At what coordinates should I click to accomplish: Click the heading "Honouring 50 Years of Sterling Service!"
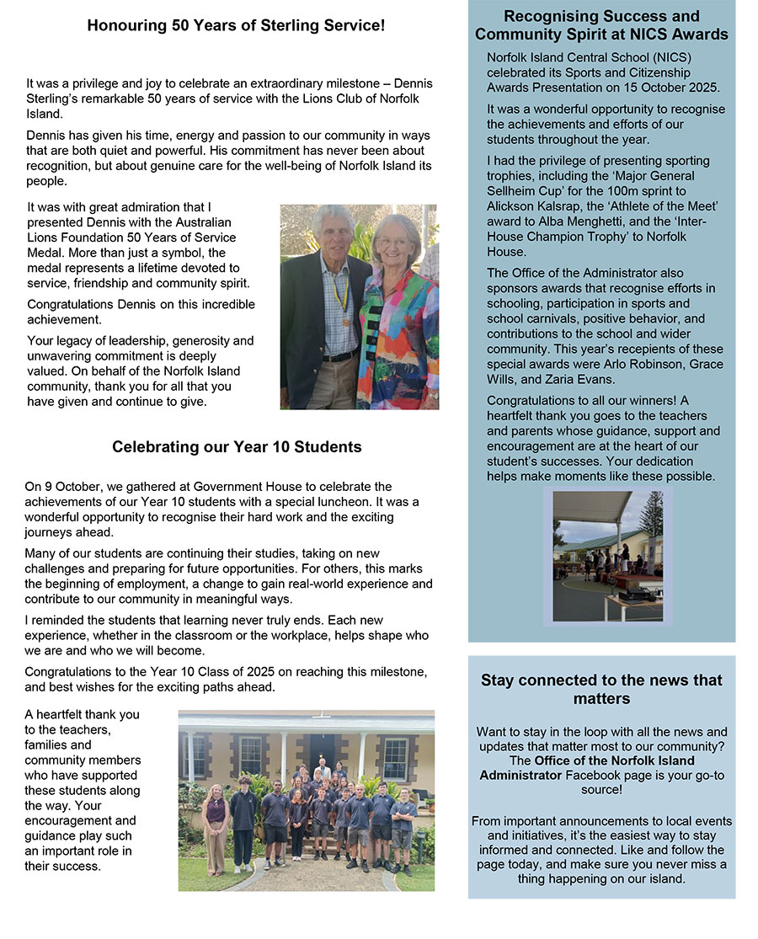tap(236, 26)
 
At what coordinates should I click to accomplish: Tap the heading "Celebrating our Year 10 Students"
tap(237, 447)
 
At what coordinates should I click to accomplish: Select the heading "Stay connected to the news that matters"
tap(601, 689)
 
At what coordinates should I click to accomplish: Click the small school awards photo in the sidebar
tap(607, 555)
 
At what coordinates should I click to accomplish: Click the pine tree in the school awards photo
tap(651, 515)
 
